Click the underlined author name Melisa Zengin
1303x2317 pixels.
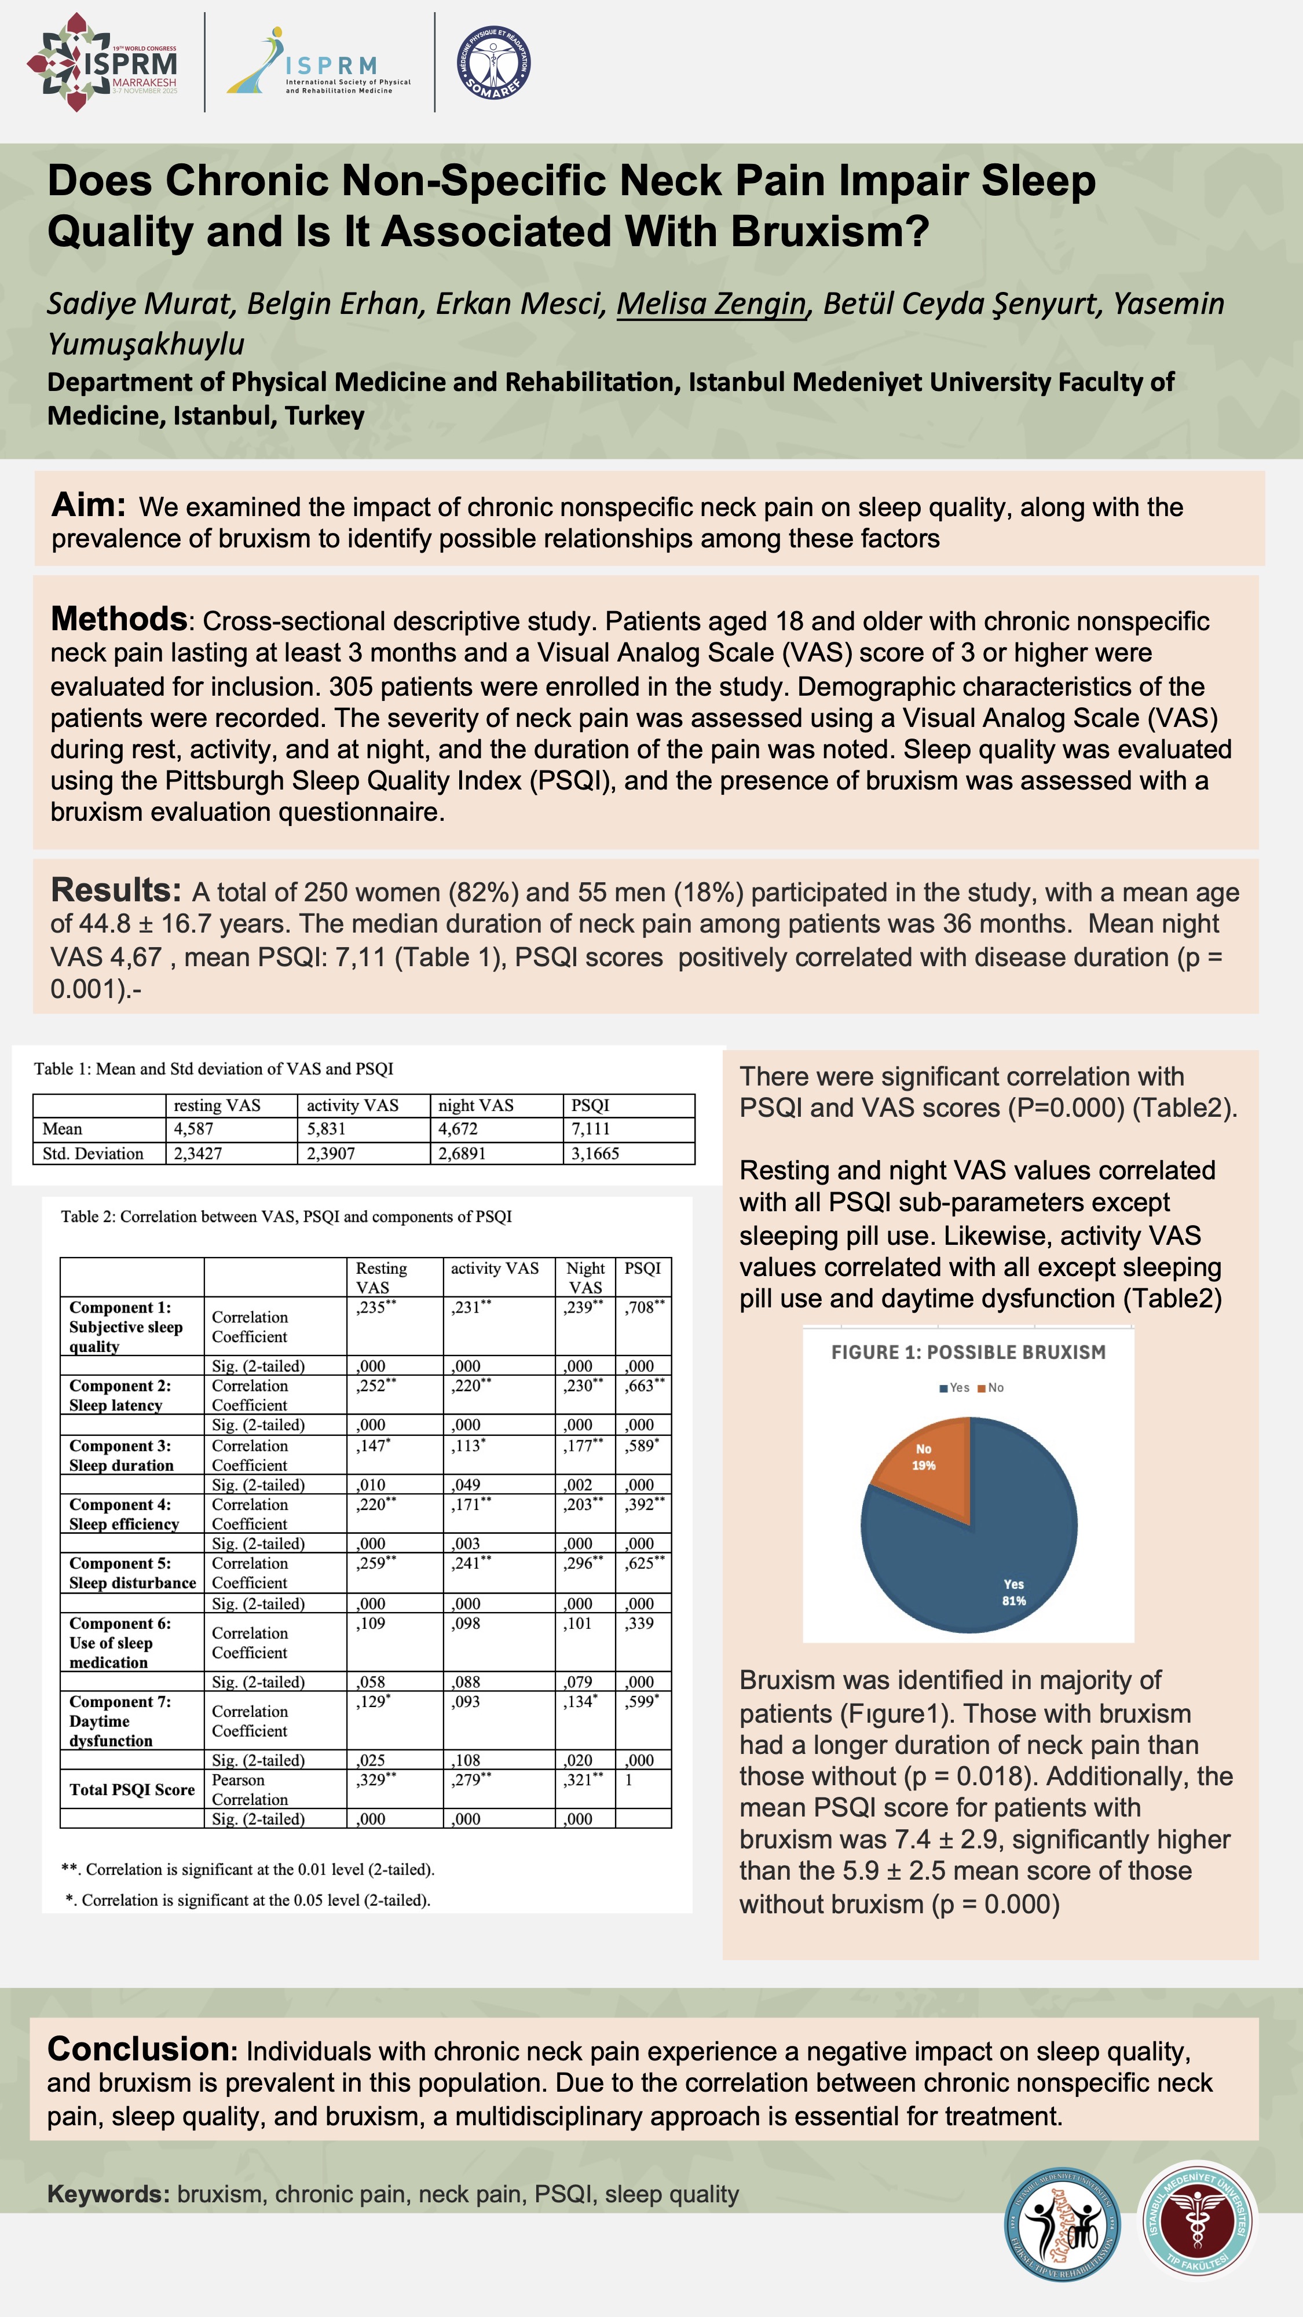point(711,304)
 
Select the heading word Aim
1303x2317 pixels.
point(87,506)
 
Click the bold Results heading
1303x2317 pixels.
point(116,890)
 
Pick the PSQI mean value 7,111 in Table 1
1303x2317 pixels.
point(591,1129)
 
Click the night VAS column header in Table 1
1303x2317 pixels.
point(475,1105)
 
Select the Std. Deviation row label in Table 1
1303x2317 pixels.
point(93,1154)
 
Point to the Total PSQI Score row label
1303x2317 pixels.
point(132,1790)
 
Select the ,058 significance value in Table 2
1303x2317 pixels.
point(371,1682)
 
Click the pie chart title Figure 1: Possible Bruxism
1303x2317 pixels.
point(968,1353)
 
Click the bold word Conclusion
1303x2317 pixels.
point(138,2049)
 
